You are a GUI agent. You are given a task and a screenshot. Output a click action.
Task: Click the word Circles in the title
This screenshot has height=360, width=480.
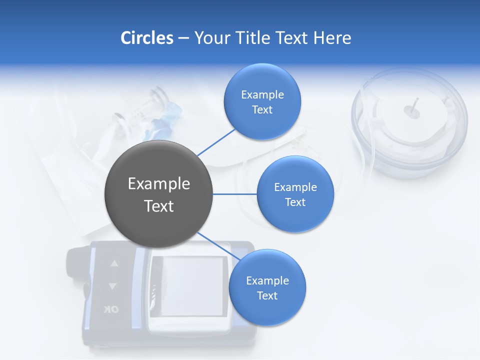tap(146, 38)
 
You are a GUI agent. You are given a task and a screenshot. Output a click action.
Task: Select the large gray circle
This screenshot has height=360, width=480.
tap(159, 194)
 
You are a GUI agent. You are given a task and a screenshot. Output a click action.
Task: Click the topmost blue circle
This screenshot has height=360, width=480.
tap(262, 101)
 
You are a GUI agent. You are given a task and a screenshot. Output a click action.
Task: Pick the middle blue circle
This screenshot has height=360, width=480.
tap(295, 194)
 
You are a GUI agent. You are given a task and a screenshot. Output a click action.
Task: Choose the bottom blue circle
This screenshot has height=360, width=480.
tap(267, 287)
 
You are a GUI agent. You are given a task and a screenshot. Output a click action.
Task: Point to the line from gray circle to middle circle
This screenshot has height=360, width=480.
tap(235, 194)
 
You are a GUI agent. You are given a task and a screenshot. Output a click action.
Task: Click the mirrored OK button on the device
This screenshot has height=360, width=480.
tap(111, 309)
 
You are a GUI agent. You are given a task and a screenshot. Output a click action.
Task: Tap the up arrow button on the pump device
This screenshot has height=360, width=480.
tap(114, 263)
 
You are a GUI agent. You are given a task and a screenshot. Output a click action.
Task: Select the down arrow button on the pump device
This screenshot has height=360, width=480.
tap(112, 286)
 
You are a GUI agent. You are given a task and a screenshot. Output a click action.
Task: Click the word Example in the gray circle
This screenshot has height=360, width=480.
tap(159, 184)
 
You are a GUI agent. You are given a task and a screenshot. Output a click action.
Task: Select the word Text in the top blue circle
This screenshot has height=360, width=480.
tap(262, 109)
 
